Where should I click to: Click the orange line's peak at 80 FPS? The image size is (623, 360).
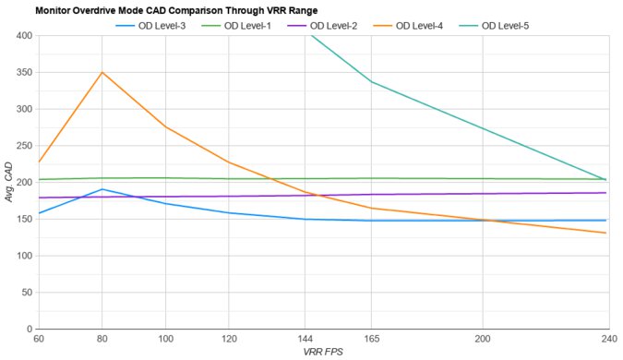[102, 72]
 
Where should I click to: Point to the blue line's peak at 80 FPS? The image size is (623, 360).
[102, 189]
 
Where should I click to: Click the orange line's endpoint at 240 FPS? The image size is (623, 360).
[605, 233]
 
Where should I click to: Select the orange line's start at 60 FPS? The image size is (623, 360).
[38, 162]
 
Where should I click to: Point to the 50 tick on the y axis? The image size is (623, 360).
[25, 293]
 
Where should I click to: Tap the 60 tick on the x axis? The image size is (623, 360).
[38, 339]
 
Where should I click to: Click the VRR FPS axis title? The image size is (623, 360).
[321, 352]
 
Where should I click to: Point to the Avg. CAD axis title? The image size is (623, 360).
[8, 183]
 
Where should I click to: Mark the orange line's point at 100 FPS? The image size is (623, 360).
[165, 126]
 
